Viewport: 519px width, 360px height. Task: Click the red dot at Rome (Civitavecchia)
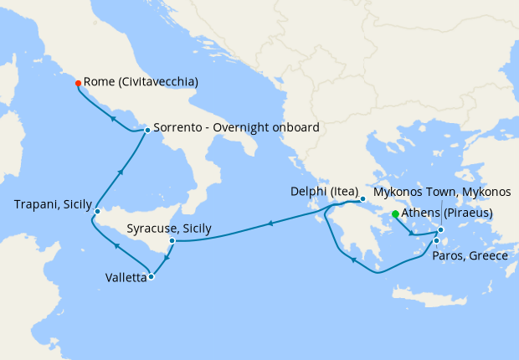point(78,83)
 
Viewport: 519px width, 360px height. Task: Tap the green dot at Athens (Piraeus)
point(395,213)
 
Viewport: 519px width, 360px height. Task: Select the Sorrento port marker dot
point(147,130)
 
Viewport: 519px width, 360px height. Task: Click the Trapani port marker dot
point(97,210)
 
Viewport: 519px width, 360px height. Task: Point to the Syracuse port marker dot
point(172,241)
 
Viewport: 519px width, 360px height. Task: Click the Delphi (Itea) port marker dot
point(362,199)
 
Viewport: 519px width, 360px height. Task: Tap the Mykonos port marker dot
point(440,229)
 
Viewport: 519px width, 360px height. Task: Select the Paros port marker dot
point(436,241)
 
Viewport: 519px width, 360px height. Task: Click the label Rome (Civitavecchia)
point(141,82)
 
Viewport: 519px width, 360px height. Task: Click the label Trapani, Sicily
point(53,205)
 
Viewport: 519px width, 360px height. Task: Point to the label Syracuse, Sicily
point(168,228)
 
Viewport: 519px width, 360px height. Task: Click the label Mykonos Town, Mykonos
point(441,192)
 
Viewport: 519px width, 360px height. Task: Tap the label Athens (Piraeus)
point(447,213)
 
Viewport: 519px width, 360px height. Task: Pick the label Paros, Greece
point(470,255)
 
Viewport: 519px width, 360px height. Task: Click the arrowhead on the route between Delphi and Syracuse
point(270,224)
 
